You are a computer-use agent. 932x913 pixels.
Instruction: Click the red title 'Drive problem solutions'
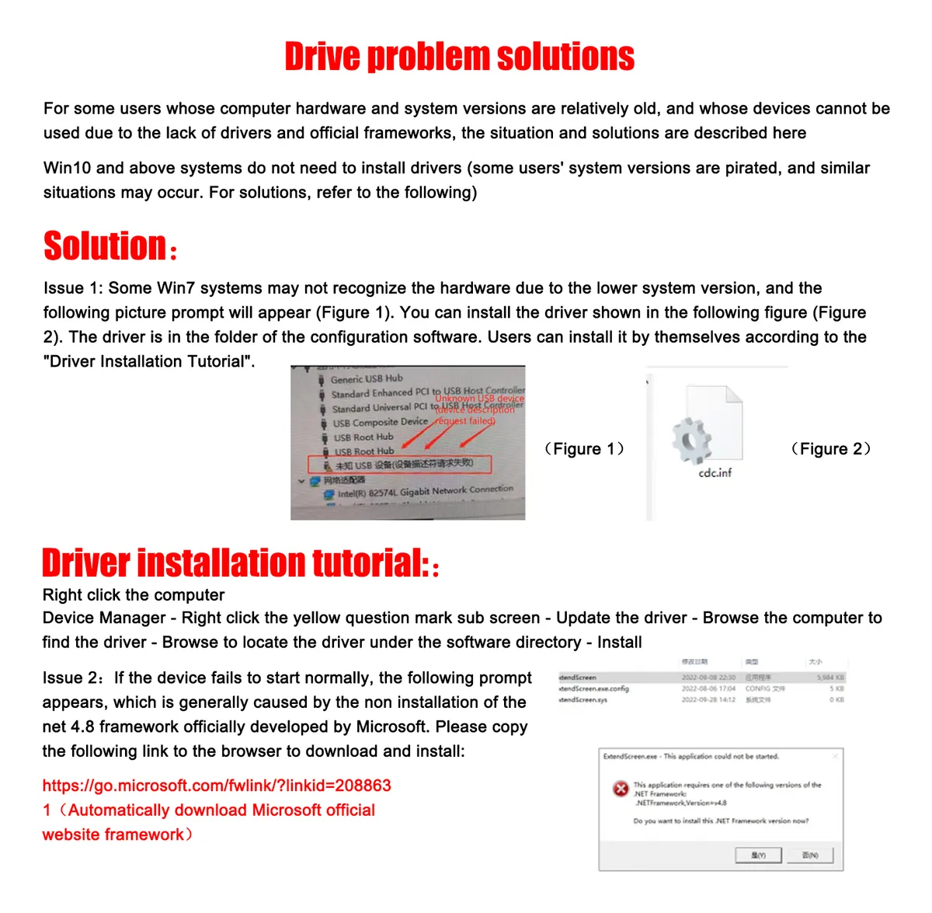pyautogui.click(x=459, y=57)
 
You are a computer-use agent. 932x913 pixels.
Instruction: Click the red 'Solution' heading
pyautogui.click(x=105, y=246)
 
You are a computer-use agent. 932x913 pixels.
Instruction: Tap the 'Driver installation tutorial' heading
pyautogui.click(x=234, y=563)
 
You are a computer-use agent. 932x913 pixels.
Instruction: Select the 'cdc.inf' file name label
pyautogui.click(x=715, y=472)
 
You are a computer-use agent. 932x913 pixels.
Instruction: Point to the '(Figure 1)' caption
pyautogui.click(x=584, y=449)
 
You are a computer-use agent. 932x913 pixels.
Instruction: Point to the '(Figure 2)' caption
pyautogui.click(x=830, y=449)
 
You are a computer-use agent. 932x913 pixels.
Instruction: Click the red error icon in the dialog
pyautogui.click(x=621, y=789)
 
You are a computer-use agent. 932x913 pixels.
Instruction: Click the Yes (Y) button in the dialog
pyautogui.click(x=758, y=856)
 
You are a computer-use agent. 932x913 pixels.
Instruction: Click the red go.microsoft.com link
pyautogui.click(x=217, y=786)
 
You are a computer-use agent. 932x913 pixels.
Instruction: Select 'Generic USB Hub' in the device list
pyautogui.click(x=367, y=379)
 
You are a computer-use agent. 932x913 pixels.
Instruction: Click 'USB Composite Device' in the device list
pyautogui.click(x=380, y=423)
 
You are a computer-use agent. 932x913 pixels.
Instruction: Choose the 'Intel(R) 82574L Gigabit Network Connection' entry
pyautogui.click(x=425, y=491)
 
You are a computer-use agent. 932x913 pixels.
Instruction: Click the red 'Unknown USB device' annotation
pyautogui.click(x=479, y=399)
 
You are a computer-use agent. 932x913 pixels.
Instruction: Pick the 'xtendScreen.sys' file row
pyautogui.click(x=583, y=700)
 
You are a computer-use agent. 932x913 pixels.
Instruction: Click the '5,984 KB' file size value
pyautogui.click(x=830, y=678)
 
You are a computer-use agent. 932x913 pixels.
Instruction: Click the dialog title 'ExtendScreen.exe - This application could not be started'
pyautogui.click(x=690, y=756)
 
